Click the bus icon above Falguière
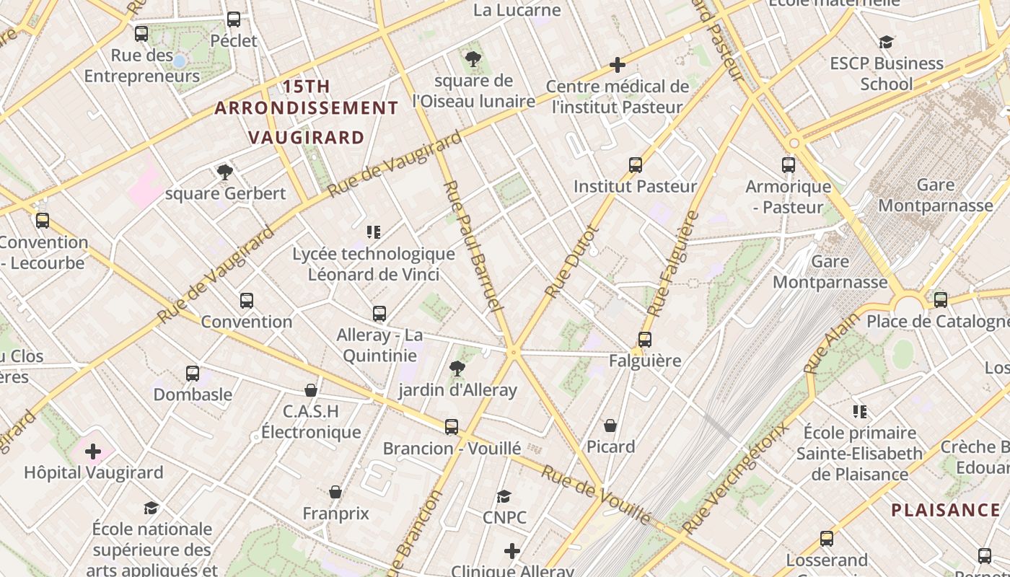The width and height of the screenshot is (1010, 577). pos(644,339)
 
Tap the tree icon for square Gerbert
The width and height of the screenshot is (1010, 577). pos(225,172)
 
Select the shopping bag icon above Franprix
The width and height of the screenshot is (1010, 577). pos(335,492)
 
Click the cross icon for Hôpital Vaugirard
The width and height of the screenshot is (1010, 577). pos(93,452)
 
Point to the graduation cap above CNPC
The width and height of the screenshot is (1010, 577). pos(504,496)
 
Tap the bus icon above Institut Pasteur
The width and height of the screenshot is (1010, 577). pos(635,165)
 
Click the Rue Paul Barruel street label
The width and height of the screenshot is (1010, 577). pos(472,245)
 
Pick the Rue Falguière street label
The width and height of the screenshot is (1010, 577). pos(673,263)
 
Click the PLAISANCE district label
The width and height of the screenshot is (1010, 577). pos(945,511)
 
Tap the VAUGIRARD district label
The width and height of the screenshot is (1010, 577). pos(306,137)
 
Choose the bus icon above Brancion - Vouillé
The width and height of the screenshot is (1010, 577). pos(452,427)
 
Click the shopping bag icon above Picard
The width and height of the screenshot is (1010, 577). pos(610,426)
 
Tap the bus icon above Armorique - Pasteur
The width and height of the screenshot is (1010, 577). pos(788,165)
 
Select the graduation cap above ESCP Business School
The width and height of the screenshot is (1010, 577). pos(886,43)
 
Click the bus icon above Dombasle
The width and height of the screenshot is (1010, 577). pos(192,374)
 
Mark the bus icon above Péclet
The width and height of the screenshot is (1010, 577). pos(233,19)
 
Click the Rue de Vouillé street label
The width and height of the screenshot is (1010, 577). pos(596,494)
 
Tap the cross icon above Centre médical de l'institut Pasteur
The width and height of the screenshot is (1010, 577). pos(617,65)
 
